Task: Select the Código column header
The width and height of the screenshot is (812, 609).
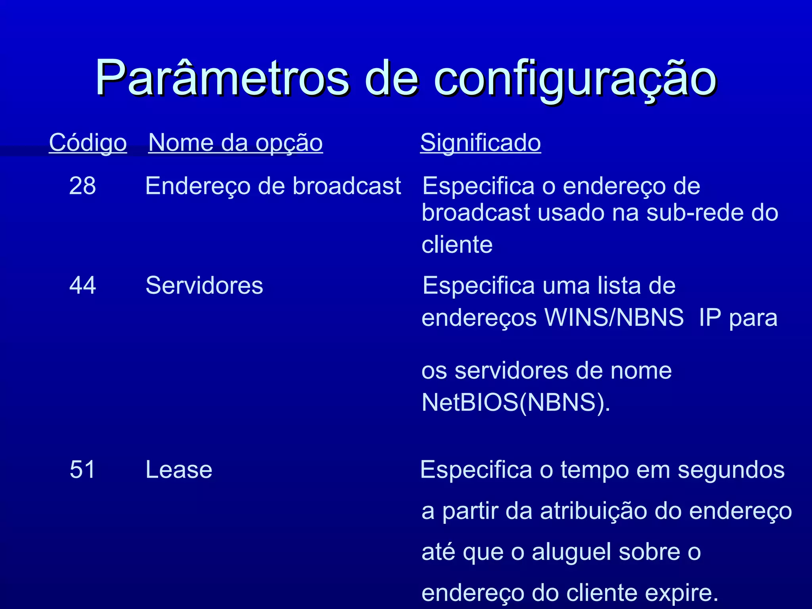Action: (x=88, y=143)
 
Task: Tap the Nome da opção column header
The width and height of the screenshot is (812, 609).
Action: (x=236, y=143)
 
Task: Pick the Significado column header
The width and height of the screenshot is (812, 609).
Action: (x=481, y=143)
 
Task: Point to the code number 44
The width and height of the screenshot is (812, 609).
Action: (x=82, y=285)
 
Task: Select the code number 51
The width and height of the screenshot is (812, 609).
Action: (x=82, y=469)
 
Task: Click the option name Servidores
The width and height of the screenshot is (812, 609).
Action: (x=204, y=285)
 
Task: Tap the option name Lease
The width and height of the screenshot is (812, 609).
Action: (x=179, y=469)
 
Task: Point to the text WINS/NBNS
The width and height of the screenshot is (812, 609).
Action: (x=614, y=318)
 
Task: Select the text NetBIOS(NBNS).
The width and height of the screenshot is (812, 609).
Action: (x=515, y=402)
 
